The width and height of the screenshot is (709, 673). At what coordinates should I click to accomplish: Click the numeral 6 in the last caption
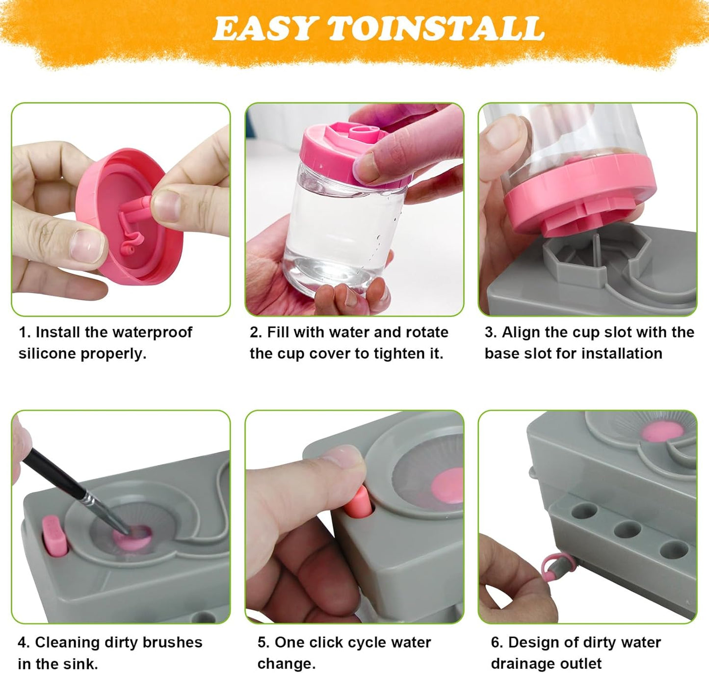(496, 642)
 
